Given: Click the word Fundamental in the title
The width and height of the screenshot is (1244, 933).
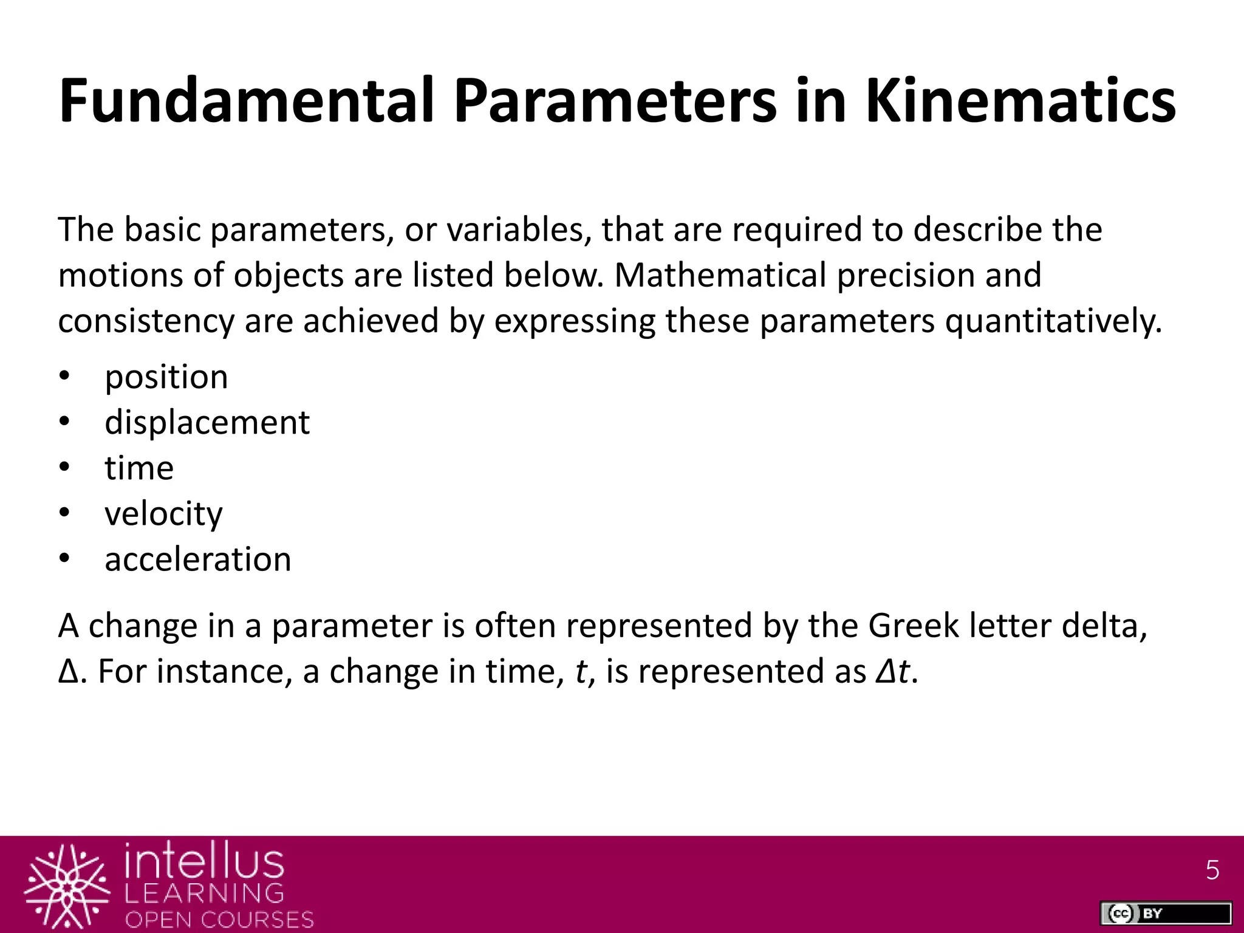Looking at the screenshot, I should point(247,101).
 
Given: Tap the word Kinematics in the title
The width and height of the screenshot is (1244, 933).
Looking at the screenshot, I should point(1020,101).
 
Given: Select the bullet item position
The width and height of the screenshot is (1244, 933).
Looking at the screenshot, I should point(166,377).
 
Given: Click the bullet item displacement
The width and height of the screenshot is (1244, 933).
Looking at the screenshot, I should point(207,422).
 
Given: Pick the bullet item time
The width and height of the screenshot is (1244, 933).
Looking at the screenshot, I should point(139,468).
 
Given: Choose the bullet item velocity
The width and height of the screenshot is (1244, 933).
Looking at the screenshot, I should point(163,514).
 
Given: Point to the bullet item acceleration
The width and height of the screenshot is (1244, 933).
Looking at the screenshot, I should point(198,559).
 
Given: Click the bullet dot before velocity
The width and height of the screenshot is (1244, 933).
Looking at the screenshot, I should point(65,514).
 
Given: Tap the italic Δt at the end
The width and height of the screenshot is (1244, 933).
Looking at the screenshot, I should point(893,672).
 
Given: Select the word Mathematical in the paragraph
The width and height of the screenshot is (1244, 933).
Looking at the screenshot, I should point(720,275).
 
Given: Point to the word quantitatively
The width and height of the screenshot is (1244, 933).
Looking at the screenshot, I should point(1053,321).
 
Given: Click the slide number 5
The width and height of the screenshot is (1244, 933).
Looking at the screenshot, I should point(1212,870).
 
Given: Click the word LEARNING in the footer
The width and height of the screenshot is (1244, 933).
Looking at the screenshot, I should point(204,893).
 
